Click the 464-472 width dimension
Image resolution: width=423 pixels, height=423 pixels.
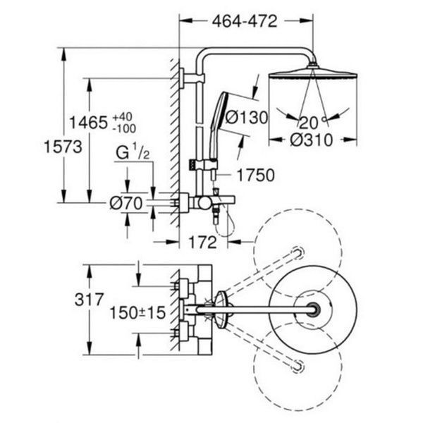click(x=245, y=21)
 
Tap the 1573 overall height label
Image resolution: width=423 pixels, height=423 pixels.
click(x=63, y=147)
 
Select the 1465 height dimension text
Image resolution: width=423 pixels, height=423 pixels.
click(x=89, y=123)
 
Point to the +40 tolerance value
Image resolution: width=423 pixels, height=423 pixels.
click(x=122, y=117)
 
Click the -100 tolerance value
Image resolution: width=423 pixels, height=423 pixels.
click(x=124, y=129)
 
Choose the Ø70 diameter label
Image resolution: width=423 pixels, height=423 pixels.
click(x=126, y=203)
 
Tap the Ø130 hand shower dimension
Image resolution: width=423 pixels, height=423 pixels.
click(x=247, y=118)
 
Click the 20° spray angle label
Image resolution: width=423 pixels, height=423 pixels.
click(x=312, y=123)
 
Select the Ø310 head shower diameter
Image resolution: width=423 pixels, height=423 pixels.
click(x=312, y=140)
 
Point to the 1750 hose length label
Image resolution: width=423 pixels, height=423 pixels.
click(x=255, y=175)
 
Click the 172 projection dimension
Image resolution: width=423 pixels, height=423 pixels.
click(x=202, y=242)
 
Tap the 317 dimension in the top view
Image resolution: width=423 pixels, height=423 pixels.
click(x=89, y=300)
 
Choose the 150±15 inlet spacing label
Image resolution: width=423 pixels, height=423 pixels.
click(x=137, y=313)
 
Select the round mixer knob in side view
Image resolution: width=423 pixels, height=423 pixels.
click(x=204, y=203)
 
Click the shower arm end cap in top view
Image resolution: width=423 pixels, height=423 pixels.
click(x=313, y=309)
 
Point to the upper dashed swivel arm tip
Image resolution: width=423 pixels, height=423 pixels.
click(x=298, y=252)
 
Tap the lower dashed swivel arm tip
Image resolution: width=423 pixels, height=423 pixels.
click(x=298, y=366)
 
